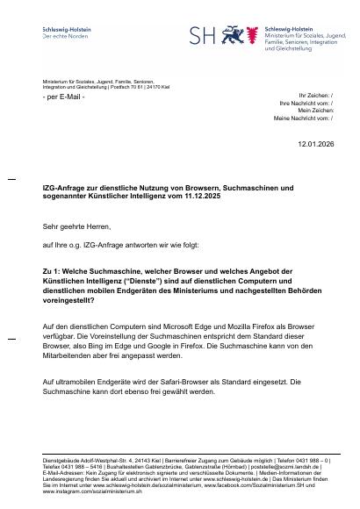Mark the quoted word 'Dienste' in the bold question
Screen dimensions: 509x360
[x=160, y=283]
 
